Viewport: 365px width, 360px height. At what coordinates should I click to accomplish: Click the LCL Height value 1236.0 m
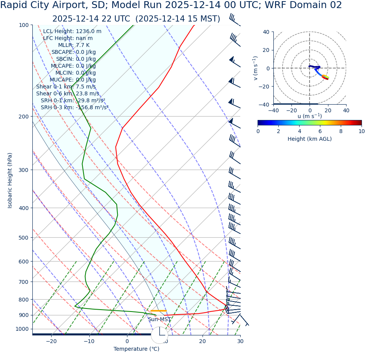89,31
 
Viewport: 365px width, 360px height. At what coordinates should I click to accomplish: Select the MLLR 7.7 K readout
74,45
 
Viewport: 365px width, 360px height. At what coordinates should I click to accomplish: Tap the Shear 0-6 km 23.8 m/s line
67,93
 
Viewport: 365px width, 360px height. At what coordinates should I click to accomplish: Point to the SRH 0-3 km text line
74,107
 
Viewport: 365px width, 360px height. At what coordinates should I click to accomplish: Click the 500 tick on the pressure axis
23,237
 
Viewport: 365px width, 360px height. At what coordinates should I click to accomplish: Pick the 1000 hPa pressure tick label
22,329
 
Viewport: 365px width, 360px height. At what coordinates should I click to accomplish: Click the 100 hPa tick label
23,25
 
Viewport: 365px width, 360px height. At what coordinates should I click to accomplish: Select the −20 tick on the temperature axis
51,341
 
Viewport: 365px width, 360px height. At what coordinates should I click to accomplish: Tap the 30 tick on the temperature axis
240,341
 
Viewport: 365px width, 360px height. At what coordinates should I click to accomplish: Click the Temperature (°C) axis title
136,349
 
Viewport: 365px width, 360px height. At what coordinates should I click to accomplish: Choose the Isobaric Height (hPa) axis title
10,180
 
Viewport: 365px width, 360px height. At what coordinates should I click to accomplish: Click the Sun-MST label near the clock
159,319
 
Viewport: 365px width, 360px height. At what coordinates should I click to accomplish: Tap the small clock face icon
159,335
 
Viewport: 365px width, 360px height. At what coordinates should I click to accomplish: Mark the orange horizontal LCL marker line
158,310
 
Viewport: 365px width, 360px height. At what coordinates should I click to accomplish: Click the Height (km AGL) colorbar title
310,139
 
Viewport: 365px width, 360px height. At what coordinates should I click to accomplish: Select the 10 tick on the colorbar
362,131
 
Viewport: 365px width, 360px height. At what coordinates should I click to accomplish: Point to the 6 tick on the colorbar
320,131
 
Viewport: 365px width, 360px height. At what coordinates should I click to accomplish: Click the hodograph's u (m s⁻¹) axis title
310,116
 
